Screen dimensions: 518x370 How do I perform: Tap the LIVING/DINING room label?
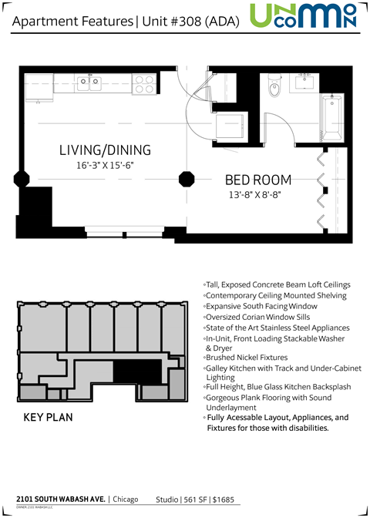click(105, 150)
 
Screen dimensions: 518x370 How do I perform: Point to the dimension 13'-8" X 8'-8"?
click(255, 195)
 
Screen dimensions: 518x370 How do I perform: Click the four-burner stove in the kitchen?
click(143, 84)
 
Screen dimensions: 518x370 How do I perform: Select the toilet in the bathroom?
click(273, 89)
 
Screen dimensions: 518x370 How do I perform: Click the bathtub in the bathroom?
click(333, 116)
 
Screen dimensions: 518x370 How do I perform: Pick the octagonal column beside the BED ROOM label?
click(187, 179)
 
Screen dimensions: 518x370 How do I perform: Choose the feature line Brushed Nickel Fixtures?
click(246, 358)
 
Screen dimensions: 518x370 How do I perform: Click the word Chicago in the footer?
click(126, 499)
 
